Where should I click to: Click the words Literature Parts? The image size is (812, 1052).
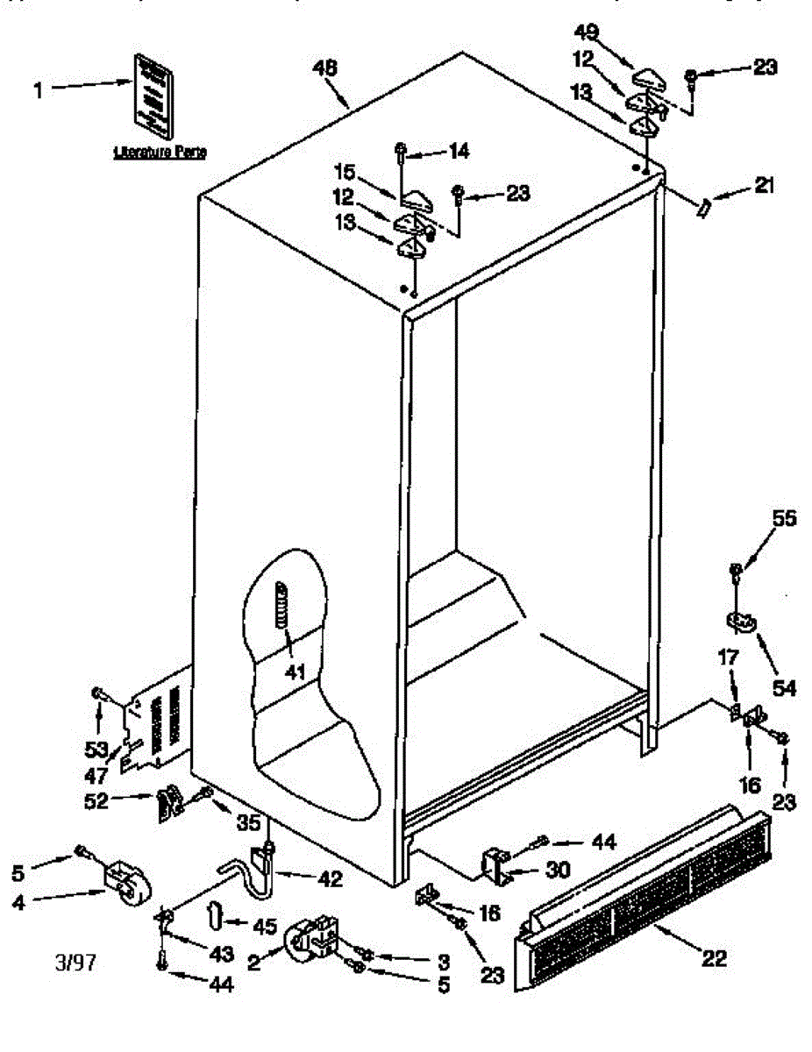pyautogui.click(x=160, y=152)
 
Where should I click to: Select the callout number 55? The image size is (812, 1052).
pyautogui.click(x=759, y=519)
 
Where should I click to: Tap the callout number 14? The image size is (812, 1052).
pyautogui.click(x=458, y=152)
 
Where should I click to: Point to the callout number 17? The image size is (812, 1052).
pyautogui.click(x=729, y=657)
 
